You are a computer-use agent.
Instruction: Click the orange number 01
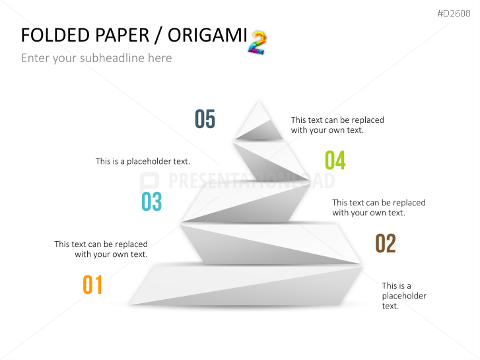pos(92,285)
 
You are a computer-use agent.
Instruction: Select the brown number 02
pos(386,243)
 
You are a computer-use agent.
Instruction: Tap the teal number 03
pos(152,201)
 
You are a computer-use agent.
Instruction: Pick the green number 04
pos(335,161)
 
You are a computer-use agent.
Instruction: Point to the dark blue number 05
pos(205,119)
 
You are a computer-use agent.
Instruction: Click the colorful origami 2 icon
pos(257,42)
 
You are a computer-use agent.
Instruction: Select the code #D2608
pos(454,13)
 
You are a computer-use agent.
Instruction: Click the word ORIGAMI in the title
pos(207,35)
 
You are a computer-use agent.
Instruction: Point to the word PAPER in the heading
pos(122,35)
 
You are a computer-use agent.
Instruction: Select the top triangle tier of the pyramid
pos(259,121)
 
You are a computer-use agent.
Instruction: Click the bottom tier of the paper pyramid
pos(246,285)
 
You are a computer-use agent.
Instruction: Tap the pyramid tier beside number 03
pos(246,203)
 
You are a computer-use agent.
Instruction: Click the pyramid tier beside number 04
pos(269,162)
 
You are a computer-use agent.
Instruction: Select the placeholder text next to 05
pos(337,125)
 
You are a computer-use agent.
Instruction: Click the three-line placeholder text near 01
pos(404,296)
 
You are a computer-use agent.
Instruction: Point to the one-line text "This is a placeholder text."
pos(143,161)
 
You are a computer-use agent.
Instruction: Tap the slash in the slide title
pos(158,36)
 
